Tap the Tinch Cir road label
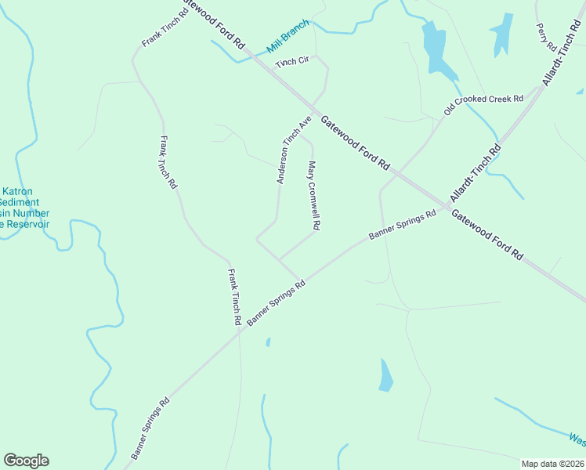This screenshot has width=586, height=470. (292, 61)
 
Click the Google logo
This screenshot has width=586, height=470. (26, 461)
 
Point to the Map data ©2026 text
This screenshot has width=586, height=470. (552, 464)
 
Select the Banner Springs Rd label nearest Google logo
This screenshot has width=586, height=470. (150, 430)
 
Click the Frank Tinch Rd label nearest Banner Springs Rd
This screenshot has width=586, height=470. (233, 297)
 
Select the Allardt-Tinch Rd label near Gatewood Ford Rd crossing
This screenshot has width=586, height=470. (475, 173)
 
